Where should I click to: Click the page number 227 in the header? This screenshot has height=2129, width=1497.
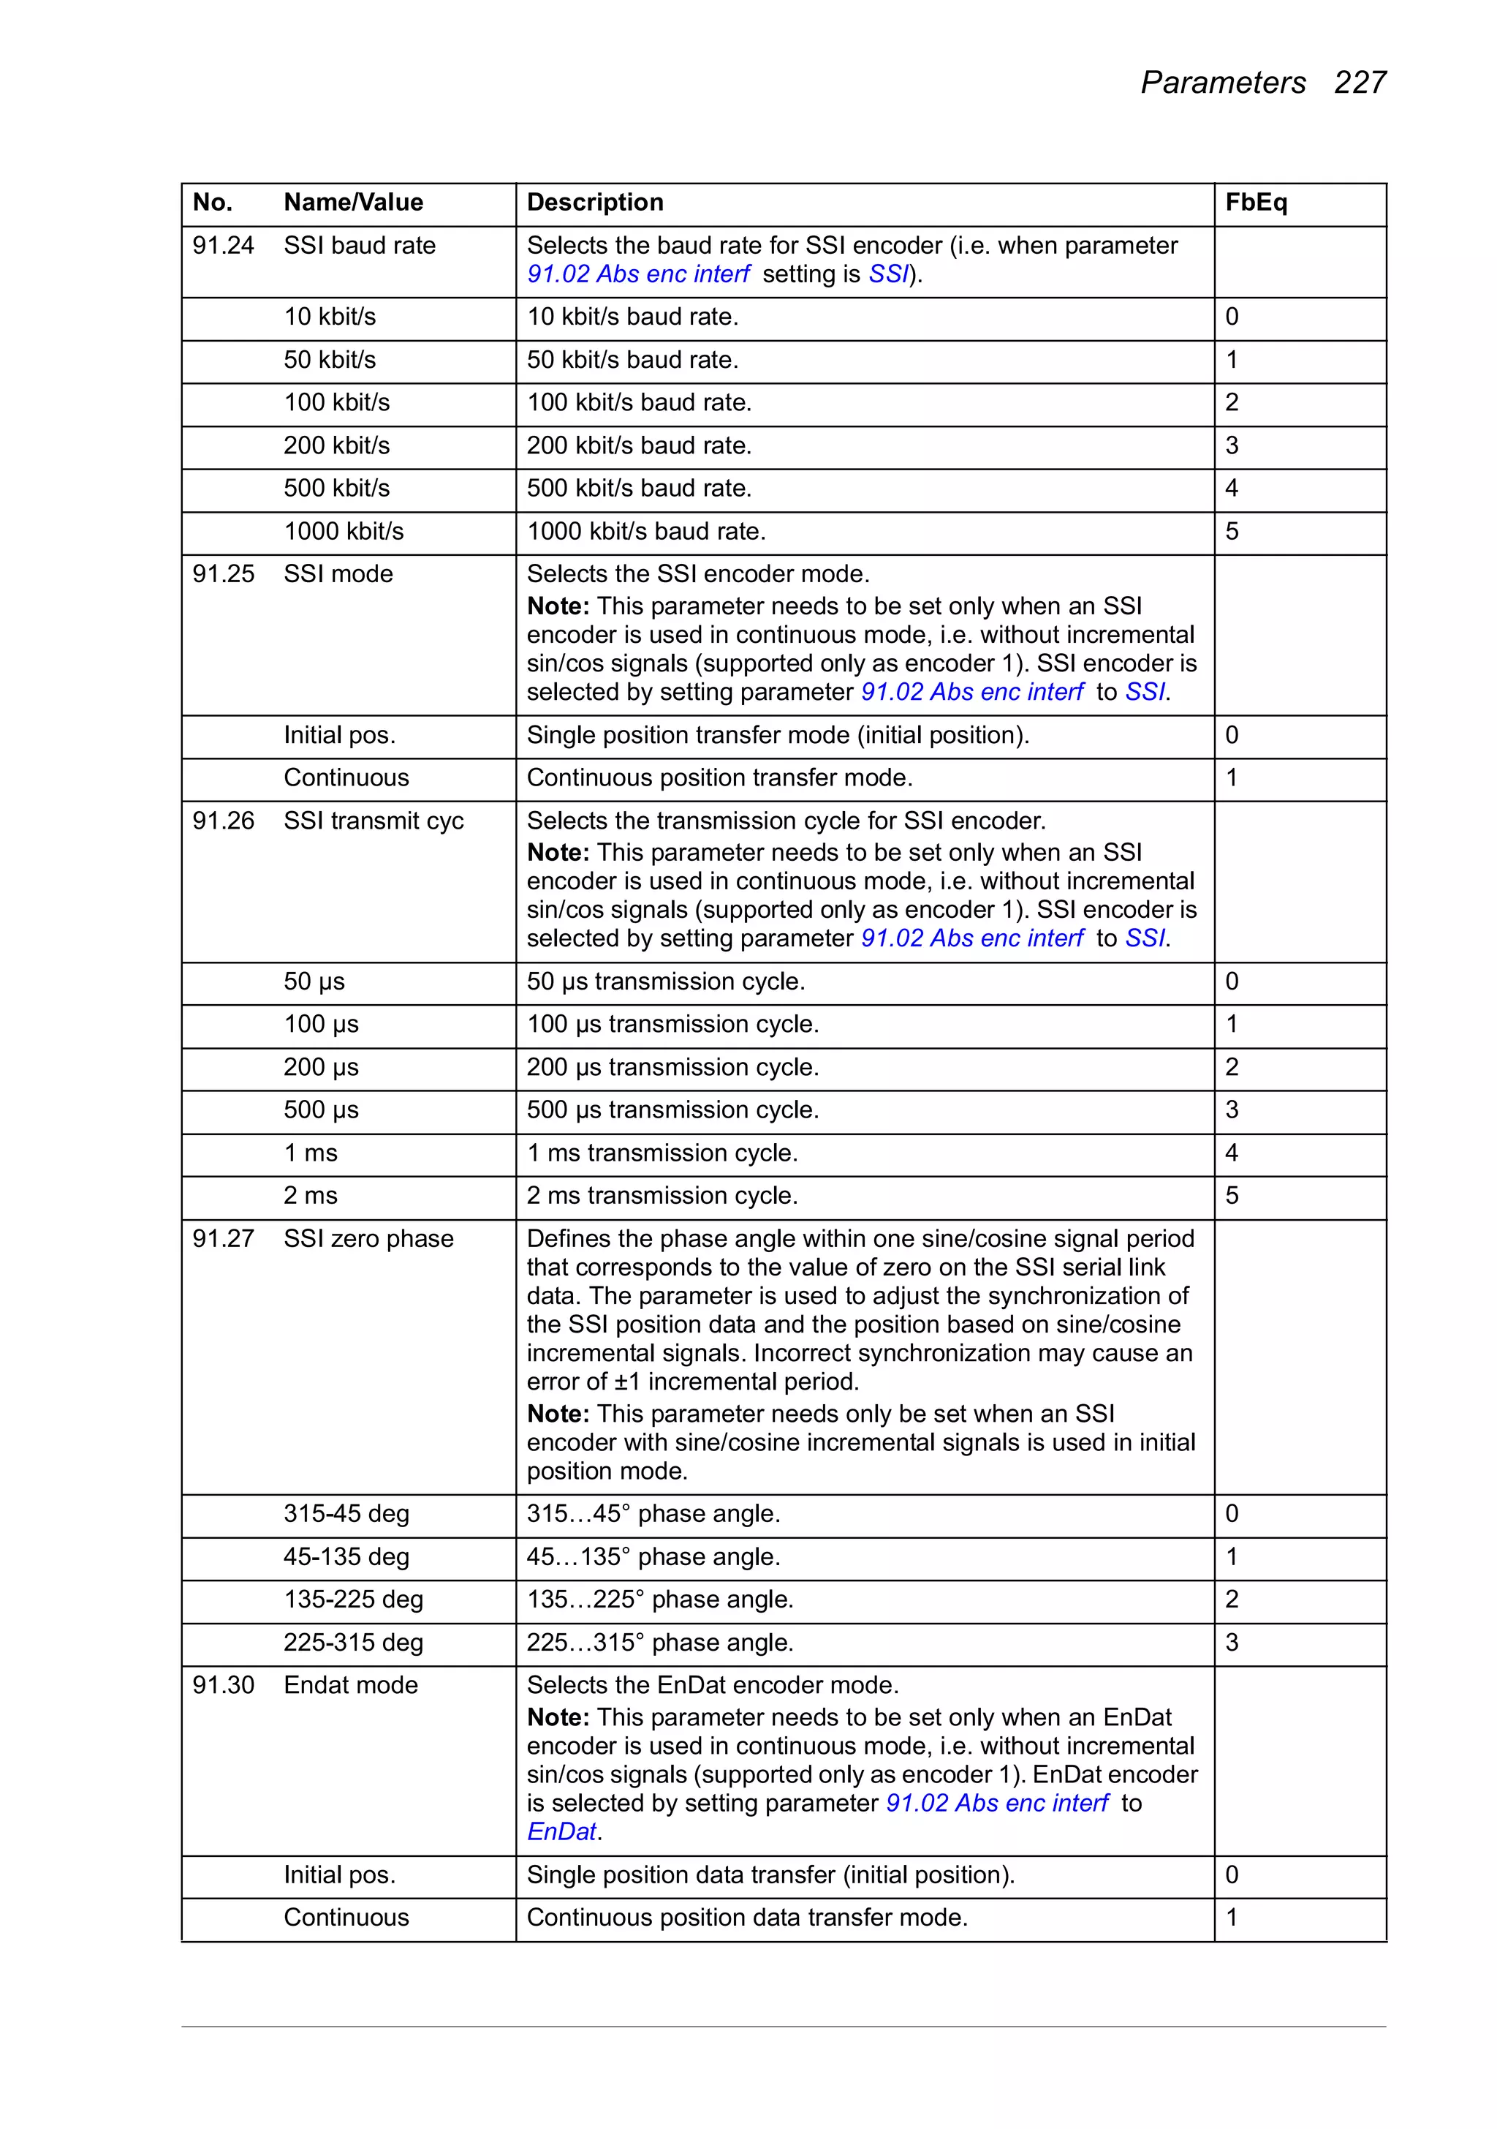1359,83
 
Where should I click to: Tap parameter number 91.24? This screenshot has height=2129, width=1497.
222,246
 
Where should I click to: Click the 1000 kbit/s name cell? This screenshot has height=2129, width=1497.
344,531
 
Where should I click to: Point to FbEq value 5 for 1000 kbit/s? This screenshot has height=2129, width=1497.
1232,531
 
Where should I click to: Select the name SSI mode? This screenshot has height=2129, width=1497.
338,574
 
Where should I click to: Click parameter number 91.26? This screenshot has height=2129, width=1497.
222,821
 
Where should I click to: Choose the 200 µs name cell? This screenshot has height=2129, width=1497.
321,1067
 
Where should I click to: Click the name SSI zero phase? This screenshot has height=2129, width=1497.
368,1239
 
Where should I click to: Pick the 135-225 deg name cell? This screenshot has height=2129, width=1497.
353,1599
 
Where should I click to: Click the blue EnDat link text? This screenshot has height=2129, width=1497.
561,1832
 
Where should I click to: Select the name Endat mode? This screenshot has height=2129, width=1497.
350,1685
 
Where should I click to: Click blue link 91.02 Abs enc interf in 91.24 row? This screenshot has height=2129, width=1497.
637,274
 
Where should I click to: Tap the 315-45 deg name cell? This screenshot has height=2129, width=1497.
346,1513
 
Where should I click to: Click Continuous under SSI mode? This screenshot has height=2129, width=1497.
346,778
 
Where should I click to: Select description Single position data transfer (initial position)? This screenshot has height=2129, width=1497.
770,1875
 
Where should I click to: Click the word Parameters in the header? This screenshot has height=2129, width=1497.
1223,83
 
